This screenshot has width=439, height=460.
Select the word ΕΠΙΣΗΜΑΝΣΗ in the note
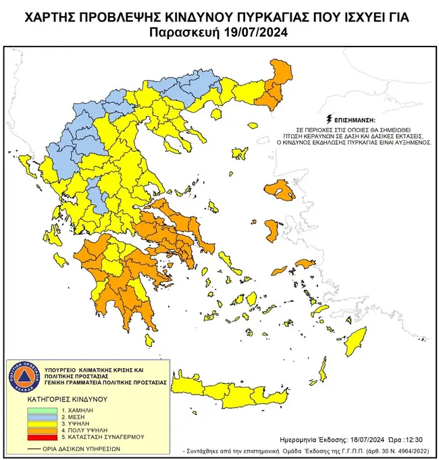[x=351, y=117]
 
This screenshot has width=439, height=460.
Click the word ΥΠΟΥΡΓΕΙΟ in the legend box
[x=60, y=371]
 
